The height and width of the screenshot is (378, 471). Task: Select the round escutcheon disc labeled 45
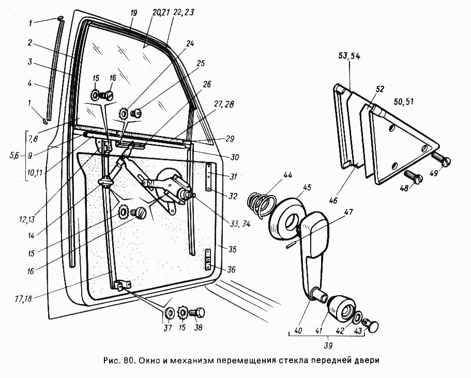pyautogui.click(x=287, y=218)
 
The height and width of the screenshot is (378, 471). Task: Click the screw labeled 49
pyautogui.click(x=442, y=159)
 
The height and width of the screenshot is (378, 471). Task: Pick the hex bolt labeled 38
pyautogui.click(x=197, y=313)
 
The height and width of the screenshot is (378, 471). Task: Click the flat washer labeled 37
pyautogui.click(x=170, y=313)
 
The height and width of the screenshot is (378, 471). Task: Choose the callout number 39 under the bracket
pyautogui.click(x=328, y=346)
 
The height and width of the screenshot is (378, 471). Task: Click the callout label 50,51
pyautogui.click(x=403, y=101)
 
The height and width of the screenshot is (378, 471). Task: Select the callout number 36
pyautogui.click(x=231, y=269)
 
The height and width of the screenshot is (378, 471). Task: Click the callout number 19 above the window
pyautogui.click(x=134, y=13)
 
